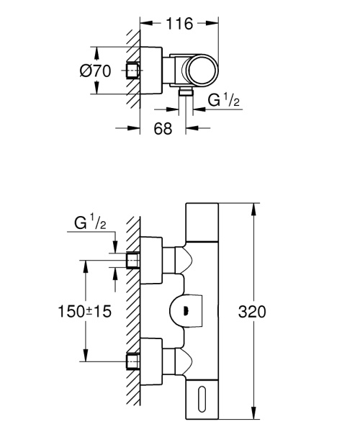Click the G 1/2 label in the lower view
(x=91, y=225)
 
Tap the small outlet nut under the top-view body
(x=184, y=94)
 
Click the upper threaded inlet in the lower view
(x=132, y=259)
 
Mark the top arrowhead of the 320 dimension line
(x=253, y=210)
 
